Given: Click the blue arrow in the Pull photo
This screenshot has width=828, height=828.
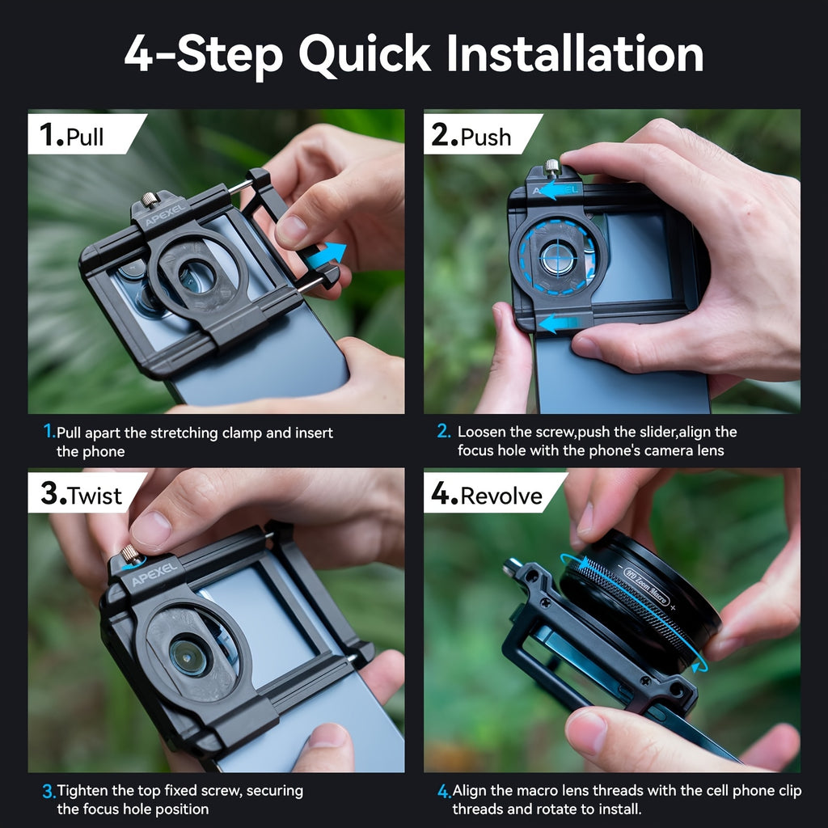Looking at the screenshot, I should coord(330,253).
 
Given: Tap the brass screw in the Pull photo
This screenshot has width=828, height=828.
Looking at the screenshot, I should coord(150,199).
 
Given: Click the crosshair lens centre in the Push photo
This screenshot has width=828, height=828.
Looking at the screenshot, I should coord(556,260).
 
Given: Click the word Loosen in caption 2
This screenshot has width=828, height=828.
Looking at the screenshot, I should coord(482,433).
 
